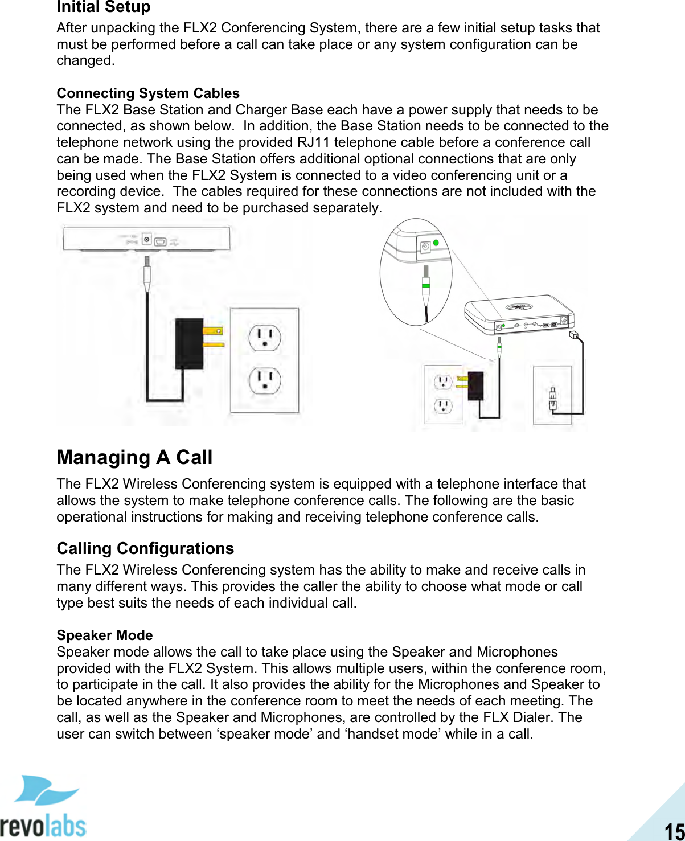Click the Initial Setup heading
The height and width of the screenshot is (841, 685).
coord(104,7)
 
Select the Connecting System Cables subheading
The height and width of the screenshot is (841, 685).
coord(148,93)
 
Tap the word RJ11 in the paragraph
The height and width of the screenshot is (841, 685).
coord(313,142)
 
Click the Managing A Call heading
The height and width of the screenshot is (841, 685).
coord(134,457)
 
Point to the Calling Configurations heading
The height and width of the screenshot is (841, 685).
coord(145,548)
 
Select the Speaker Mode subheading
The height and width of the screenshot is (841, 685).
coord(105,635)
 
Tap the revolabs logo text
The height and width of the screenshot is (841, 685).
coord(43,825)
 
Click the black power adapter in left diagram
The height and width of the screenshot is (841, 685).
coord(189,343)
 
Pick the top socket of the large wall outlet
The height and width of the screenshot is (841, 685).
coord(265,338)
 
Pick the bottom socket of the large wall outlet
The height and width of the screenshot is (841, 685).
coord(265,381)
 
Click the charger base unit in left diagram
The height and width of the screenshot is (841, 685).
coord(147,237)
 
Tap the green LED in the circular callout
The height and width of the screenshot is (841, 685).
coord(436,243)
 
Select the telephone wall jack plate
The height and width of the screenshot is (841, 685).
coord(552,395)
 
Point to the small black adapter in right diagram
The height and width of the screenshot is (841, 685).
coord(475,385)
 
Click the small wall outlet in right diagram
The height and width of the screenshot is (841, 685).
coord(443,394)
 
